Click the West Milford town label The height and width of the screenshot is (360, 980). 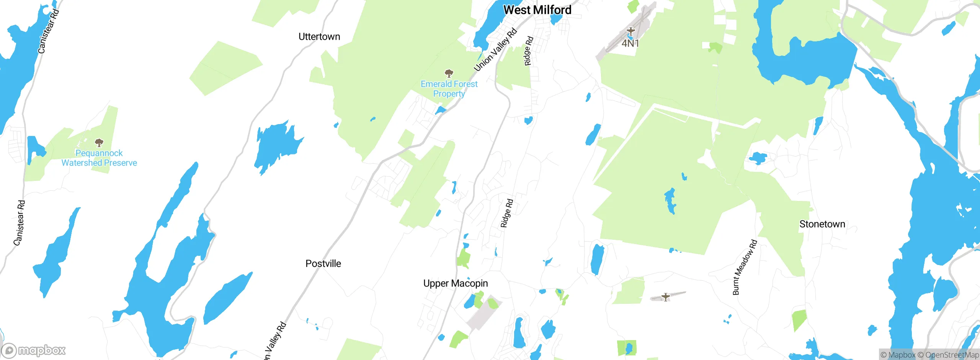pos(537,10)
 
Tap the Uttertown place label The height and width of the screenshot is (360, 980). pos(319,37)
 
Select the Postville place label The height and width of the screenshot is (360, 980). pos(323,263)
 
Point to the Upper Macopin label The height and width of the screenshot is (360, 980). pos(456,283)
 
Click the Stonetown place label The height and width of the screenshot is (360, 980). pos(822,224)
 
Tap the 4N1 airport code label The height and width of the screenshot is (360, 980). pos(630,43)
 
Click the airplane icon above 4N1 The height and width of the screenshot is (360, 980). pos(630,31)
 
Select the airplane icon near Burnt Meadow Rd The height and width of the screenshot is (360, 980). pos(666,297)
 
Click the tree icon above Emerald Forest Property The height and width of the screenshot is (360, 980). pos(449,73)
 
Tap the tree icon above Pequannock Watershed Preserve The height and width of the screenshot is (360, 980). pos(99,143)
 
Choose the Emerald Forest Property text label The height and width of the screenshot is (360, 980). pos(449,89)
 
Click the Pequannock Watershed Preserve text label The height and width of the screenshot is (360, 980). pos(99,158)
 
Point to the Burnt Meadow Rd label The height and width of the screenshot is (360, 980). pos(745,267)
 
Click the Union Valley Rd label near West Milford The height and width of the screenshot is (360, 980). pos(495,50)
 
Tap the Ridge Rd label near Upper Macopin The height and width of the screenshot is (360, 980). pos(507,213)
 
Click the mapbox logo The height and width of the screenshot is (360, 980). pos(34,350)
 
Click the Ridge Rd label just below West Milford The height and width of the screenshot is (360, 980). pos(528,51)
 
